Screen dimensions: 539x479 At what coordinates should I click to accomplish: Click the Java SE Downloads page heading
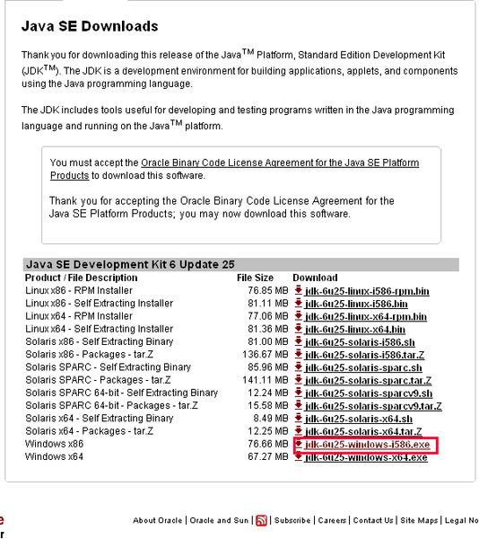tap(90, 27)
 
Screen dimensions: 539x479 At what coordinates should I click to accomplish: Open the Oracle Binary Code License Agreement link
tap(280, 163)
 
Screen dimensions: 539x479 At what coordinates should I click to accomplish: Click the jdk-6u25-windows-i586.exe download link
tap(368, 445)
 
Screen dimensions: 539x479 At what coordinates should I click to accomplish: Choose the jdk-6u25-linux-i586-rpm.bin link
tap(367, 291)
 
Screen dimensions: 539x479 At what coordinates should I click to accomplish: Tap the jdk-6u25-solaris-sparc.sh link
tap(363, 367)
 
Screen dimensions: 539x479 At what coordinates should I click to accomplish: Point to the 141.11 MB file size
tap(268, 380)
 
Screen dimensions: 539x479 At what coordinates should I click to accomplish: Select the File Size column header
tap(256, 278)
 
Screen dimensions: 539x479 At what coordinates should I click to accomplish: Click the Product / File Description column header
tap(82, 278)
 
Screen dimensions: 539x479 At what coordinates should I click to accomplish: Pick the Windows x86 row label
tap(55, 445)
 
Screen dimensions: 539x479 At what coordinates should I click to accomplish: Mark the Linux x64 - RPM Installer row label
tap(79, 316)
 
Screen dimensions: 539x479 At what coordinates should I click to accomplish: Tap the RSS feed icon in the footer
tap(262, 520)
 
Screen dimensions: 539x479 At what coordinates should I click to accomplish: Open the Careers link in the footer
tap(332, 520)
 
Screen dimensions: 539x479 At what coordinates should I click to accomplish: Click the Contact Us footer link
tap(373, 520)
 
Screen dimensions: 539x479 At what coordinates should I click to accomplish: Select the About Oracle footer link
tap(158, 520)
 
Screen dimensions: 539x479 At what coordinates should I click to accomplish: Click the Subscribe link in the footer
tap(292, 520)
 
